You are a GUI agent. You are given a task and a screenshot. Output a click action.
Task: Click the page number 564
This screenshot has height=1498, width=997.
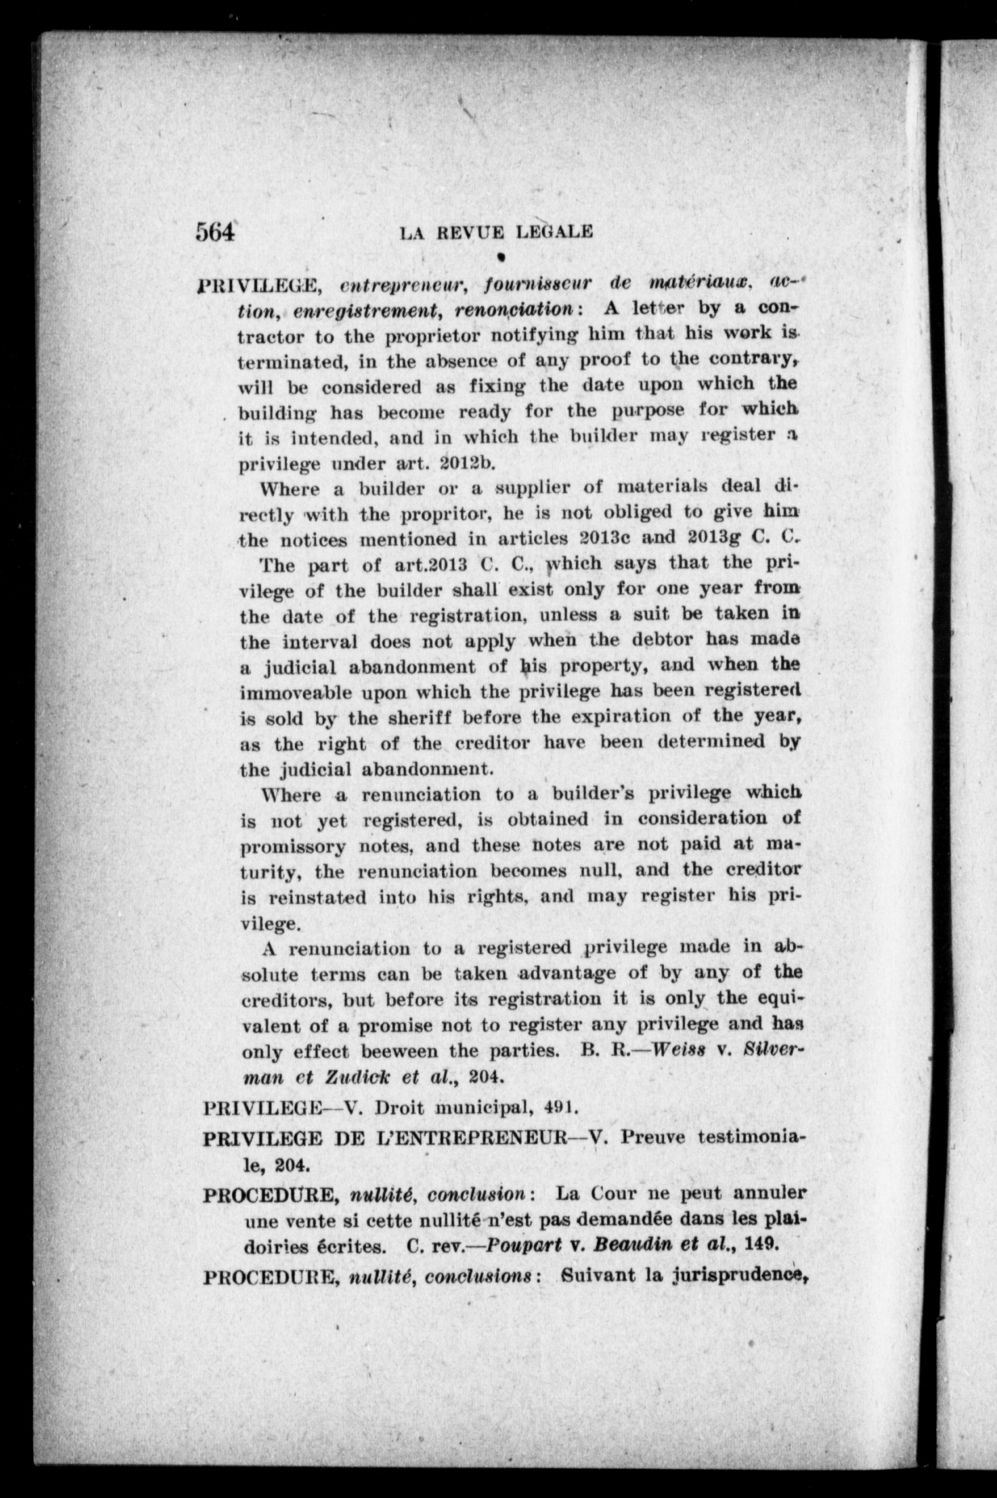[x=215, y=232]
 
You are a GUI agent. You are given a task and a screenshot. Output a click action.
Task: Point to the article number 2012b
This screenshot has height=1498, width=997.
[x=467, y=463]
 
